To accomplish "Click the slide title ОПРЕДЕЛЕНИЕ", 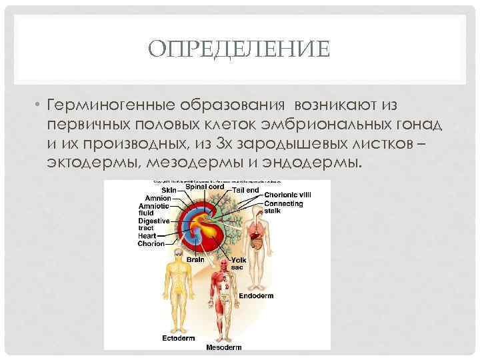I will point(239,50).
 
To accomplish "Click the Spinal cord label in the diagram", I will point(204,187).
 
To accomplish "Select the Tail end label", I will point(246,190).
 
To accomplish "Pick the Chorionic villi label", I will point(287,195).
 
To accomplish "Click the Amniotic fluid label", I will point(153,209).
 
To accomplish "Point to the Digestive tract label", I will point(153,224).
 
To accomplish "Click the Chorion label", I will point(151,244).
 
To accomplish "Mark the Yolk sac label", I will point(237,263).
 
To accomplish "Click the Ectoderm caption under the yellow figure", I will point(178,338).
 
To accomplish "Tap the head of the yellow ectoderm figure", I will point(177,255).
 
